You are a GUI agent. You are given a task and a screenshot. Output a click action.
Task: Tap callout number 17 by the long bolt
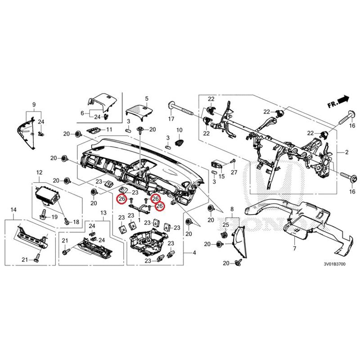coord(171,119)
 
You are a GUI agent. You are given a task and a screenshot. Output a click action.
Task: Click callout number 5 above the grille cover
coord(146,98)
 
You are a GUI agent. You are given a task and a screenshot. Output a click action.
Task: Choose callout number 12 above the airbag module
coord(39,172)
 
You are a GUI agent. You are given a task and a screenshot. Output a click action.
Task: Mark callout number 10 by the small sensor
coord(179,130)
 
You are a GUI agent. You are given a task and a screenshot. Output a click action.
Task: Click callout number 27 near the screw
coord(234,173)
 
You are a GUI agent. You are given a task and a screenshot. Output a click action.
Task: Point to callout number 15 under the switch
coord(221,175)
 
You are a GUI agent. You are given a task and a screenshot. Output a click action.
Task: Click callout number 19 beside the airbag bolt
coord(54,217)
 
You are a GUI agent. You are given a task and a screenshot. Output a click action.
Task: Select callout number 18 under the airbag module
coord(76,222)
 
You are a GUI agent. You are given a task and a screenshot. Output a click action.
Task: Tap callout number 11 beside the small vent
coord(109,130)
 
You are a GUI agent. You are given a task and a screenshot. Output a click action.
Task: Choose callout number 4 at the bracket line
coord(194,253)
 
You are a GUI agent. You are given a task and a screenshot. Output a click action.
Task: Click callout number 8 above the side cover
coord(232,209)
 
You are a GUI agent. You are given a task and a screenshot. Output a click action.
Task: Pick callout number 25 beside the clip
coord(226,224)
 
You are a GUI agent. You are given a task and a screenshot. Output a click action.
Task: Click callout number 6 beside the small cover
coord(82,113)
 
